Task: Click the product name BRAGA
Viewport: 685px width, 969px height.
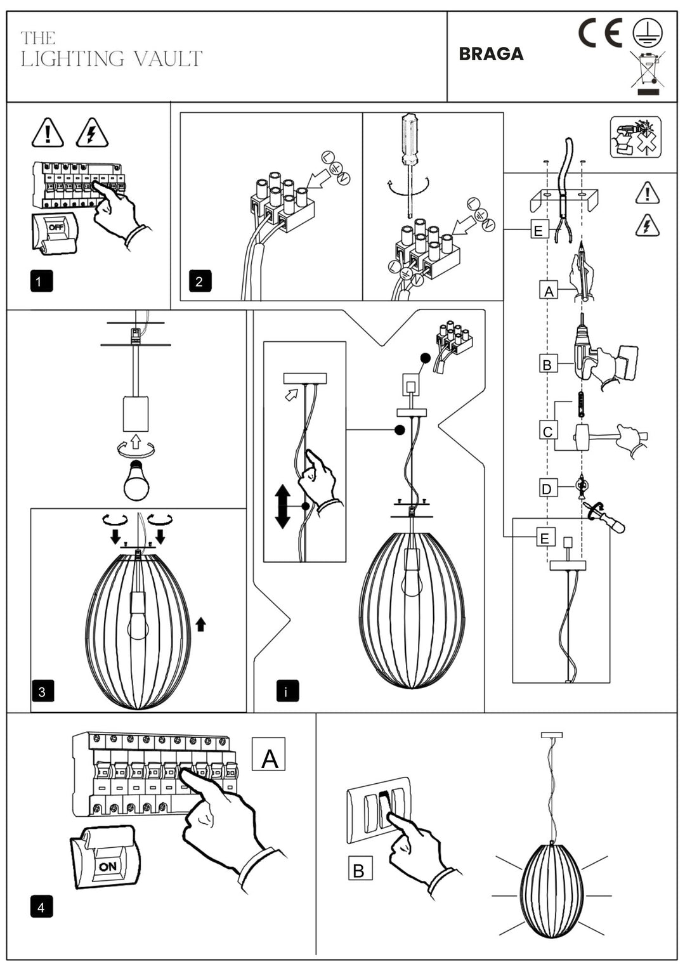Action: coord(491,54)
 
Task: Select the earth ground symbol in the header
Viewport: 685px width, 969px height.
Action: coord(647,32)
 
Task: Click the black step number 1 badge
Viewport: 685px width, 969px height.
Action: coord(41,281)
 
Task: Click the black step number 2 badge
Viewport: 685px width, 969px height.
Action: coord(199,281)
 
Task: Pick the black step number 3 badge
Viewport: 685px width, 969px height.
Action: coord(42,691)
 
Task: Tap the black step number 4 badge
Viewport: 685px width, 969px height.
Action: coord(41,907)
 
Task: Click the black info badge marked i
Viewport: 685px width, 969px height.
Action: coord(287,691)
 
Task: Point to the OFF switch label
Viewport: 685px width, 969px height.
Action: coord(56,227)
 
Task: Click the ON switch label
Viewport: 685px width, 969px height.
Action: coord(107,866)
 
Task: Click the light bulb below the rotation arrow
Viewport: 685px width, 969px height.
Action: coord(136,480)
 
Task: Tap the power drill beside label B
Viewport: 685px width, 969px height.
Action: coord(587,353)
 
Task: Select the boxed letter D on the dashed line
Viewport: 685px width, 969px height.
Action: coord(547,488)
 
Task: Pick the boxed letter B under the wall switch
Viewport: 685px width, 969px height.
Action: coord(359,869)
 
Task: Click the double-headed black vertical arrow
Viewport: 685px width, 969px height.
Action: coord(282,506)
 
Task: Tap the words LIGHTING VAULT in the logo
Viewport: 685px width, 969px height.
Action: coord(112,59)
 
